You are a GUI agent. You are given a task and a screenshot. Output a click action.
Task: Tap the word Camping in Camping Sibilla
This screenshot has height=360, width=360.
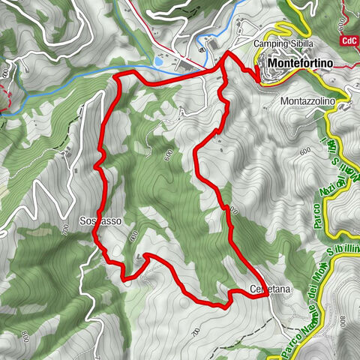(x=271, y=43)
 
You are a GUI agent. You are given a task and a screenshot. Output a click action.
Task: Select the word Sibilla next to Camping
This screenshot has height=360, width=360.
(x=301, y=43)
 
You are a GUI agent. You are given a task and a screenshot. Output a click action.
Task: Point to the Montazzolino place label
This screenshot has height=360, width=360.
(x=312, y=100)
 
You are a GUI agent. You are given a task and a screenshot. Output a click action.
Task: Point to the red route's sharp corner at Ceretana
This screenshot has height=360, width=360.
(x=267, y=295)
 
